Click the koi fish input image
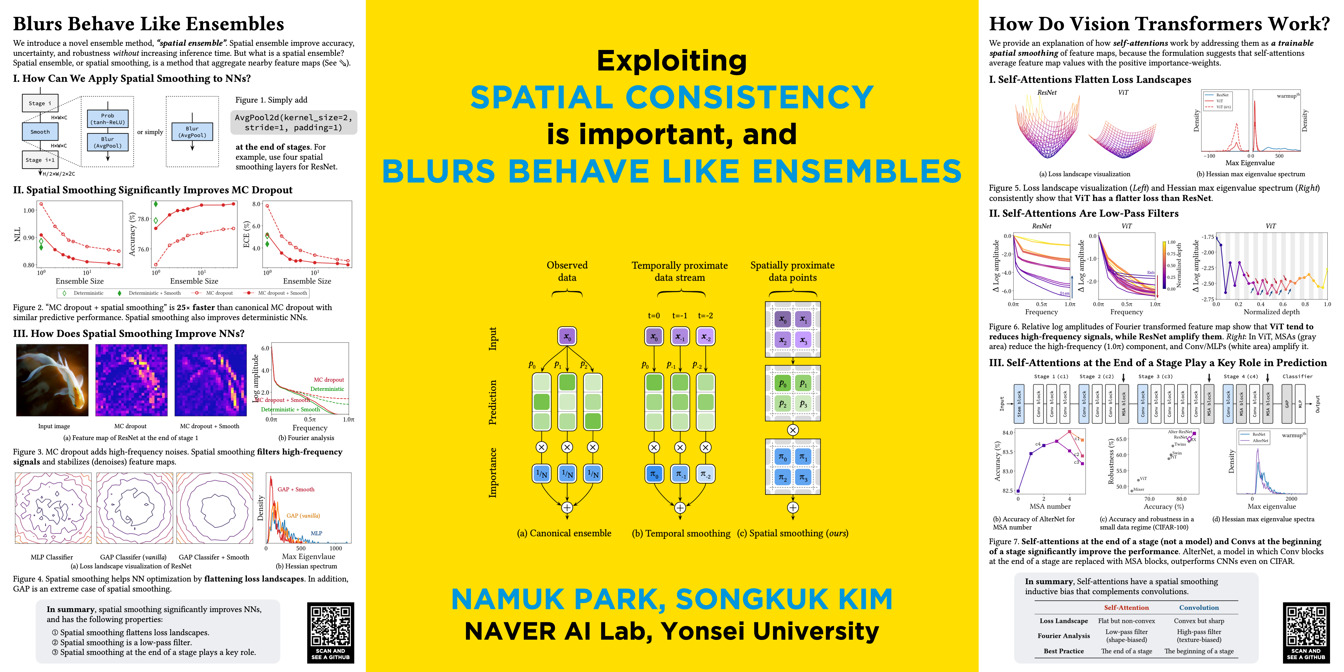52,380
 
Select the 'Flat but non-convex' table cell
1126,621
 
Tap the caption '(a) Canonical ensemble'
564,533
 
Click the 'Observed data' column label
567,271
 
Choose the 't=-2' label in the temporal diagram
705,316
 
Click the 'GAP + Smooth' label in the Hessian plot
296,489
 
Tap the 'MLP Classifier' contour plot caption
52,557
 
